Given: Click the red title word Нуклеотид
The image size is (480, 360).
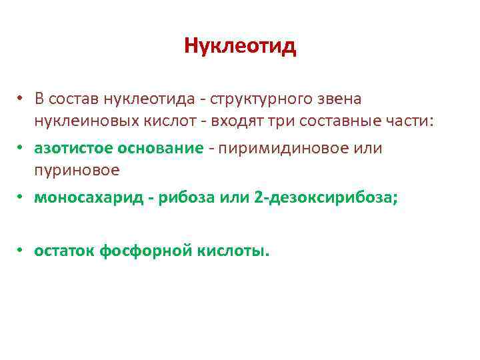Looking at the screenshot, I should click(x=239, y=46).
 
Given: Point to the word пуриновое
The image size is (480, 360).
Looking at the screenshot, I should click(x=77, y=170).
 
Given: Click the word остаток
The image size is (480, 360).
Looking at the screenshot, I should click(x=64, y=251).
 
